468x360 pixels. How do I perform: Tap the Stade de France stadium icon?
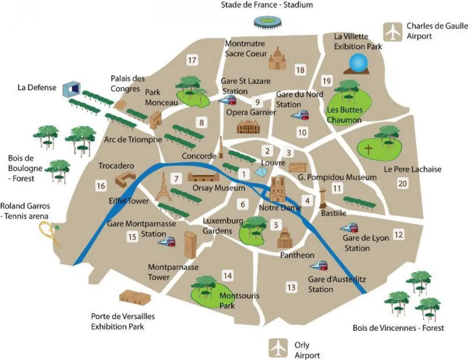pos(267,22)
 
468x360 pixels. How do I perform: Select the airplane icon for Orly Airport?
pos(277,348)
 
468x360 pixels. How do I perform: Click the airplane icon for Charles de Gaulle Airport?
pos(392,32)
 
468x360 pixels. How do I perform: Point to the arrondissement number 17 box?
pos(192,60)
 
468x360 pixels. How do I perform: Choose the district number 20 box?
pos(402,183)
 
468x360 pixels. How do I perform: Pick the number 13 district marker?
pos(291,287)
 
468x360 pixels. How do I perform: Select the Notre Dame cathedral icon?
pos(277,189)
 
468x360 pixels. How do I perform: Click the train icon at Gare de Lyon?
pos(349,228)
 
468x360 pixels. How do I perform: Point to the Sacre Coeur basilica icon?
pos(277,58)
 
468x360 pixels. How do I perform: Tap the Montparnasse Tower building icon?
pos(190,244)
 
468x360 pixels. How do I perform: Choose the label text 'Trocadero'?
pos(116,166)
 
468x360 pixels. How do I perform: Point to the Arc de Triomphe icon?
pos(156,120)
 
